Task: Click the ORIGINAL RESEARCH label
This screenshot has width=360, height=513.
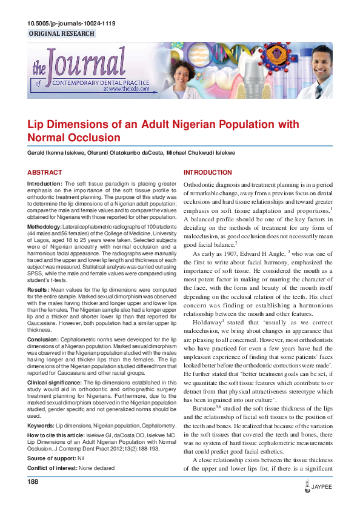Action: (x=61, y=34)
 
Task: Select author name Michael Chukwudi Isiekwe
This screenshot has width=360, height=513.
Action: (x=198, y=153)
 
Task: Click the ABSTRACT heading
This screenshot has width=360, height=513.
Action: (x=45, y=173)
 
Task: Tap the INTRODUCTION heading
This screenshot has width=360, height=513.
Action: (x=208, y=173)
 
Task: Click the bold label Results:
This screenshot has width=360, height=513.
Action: (x=38, y=291)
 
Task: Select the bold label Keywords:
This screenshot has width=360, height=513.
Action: (x=41, y=427)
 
